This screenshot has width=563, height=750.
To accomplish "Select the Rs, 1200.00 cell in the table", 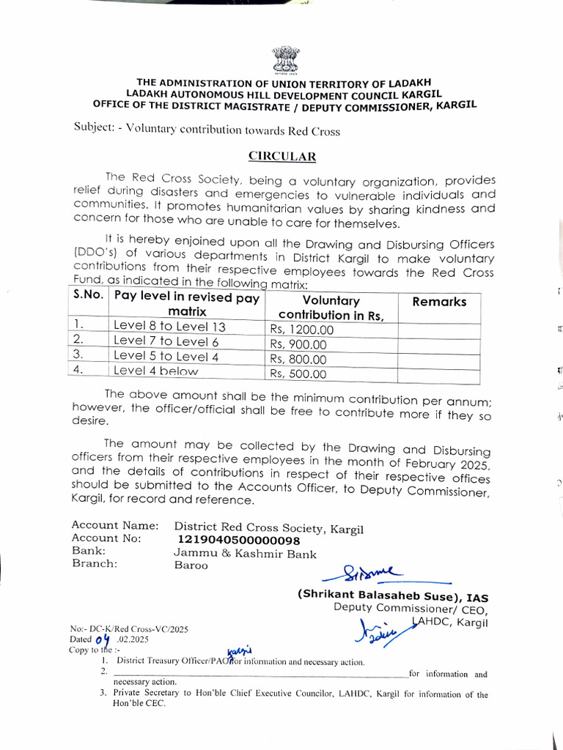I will [301, 330].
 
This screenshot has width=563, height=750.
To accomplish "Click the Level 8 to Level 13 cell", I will [169, 327].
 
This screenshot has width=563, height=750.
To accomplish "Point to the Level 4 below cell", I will [155, 371].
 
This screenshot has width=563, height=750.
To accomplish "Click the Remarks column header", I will [439, 301].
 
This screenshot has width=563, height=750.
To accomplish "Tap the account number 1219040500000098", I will [238, 540].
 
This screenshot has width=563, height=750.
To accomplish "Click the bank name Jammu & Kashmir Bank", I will [245, 554].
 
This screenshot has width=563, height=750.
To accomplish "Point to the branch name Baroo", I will [190, 566].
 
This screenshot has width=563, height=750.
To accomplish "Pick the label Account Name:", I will [114, 525].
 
